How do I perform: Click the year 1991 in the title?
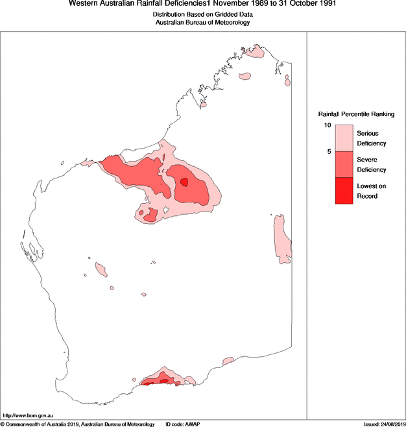pyautogui.click(x=326, y=4)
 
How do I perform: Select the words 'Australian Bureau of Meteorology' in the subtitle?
pyautogui.click(x=203, y=22)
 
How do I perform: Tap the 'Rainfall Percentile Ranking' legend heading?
pyautogui.click(x=355, y=114)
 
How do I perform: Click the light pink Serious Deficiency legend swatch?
pyautogui.click(x=343, y=138)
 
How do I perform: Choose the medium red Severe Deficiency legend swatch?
pyautogui.click(x=343, y=165)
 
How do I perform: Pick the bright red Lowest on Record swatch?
pyautogui.click(x=343, y=191)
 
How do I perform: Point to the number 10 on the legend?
pyautogui.click(x=328, y=125)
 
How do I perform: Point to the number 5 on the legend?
pyautogui.click(x=329, y=152)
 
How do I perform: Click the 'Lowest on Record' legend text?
pyautogui.click(x=372, y=191)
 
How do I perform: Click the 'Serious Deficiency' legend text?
pyautogui.click(x=372, y=138)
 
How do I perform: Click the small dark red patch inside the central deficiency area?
pyautogui.click(x=184, y=182)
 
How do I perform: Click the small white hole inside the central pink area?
pyautogui.click(x=167, y=210)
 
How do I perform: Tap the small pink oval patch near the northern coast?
pyautogui.click(x=245, y=77)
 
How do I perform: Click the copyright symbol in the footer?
pyautogui.click(x=3, y=424)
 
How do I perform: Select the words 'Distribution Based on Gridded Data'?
pyautogui.click(x=203, y=14)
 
